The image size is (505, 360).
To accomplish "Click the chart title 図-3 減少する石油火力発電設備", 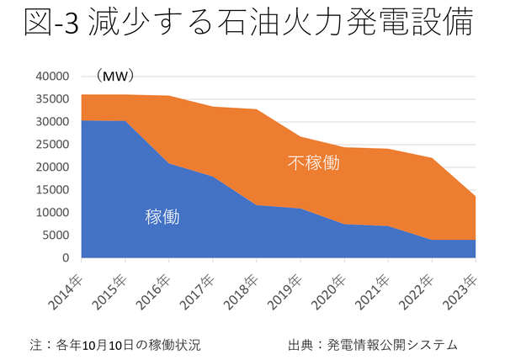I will pyautogui.click(x=250, y=25).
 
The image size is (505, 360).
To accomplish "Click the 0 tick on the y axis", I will pyautogui.click(x=63, y=257).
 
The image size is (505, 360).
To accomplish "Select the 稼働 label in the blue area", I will pyautogui.click(x=162, y=217).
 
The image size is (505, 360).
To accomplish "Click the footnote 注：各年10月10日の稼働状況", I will pyautogui.click(x=115, y=345).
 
